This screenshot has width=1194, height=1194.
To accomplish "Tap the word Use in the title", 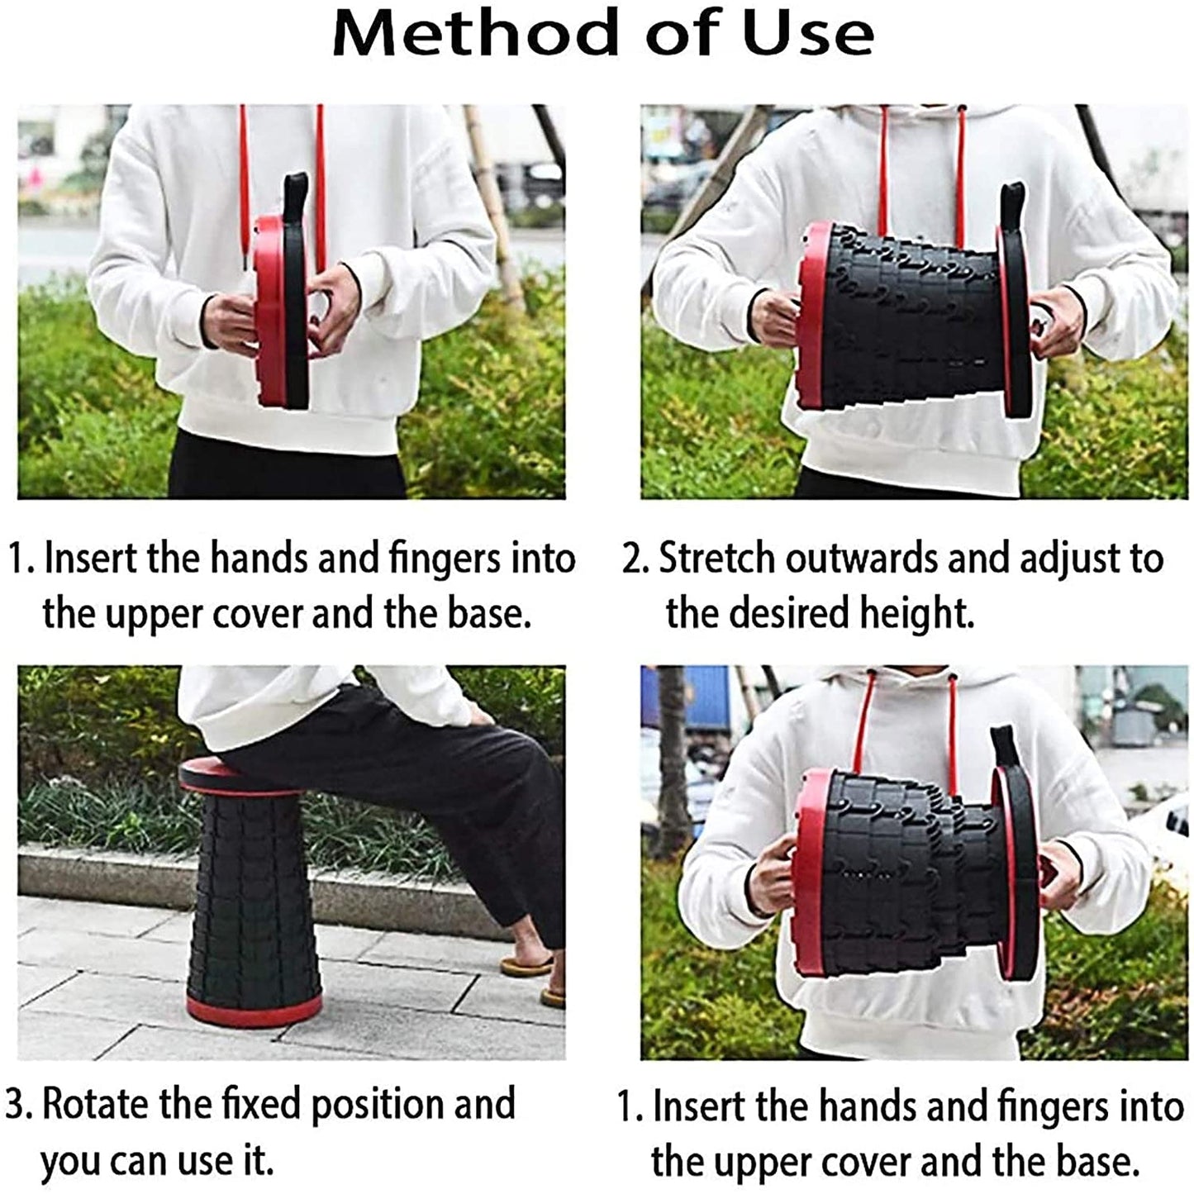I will coord(807,34).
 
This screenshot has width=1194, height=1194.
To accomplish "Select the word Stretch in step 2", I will coord(718,559).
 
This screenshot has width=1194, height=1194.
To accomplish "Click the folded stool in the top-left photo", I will coord(279,310).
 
